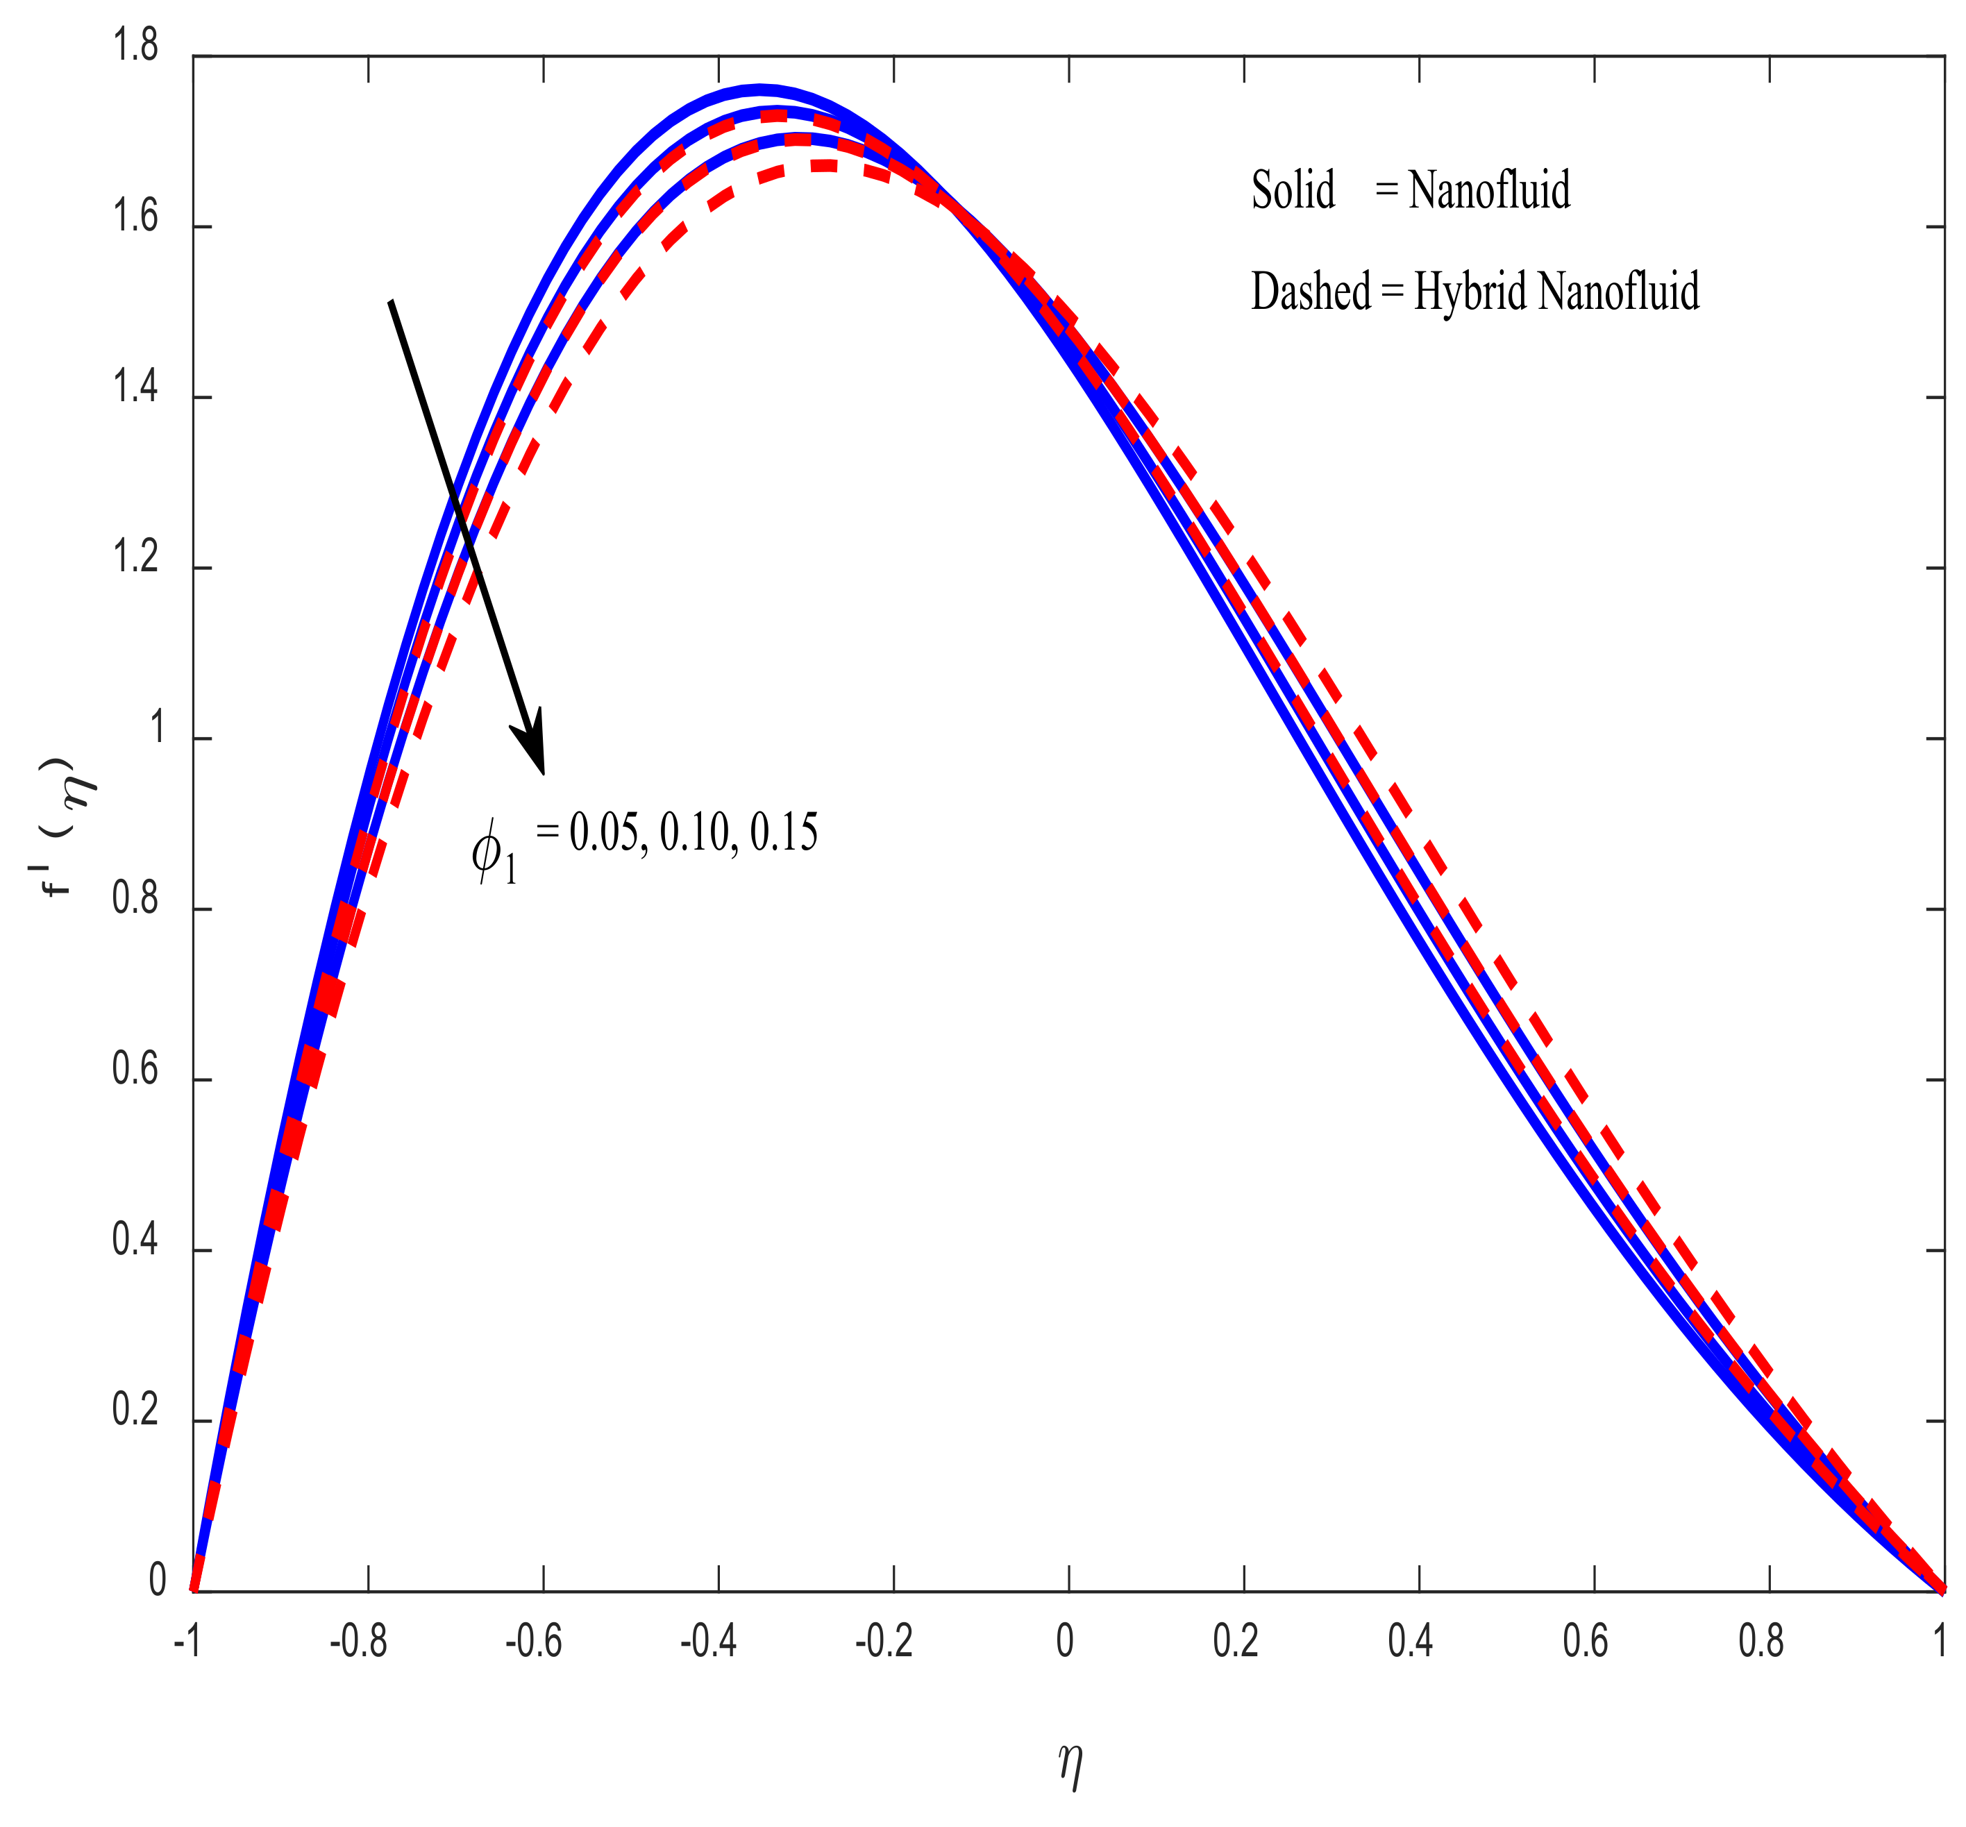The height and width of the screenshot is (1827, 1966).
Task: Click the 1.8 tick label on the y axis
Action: [x=135, y=47]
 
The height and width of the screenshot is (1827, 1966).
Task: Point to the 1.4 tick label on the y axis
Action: [x=135, y=389]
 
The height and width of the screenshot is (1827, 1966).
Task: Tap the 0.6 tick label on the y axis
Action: [x=135, y=1070]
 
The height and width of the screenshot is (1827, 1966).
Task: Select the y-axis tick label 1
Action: [x=156, y=729]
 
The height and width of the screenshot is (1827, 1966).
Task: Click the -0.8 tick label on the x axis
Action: [x=358, y=1642]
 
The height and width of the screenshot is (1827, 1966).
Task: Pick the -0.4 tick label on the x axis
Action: [x=708, y=1642]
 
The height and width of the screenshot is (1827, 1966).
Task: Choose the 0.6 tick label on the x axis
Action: [x=1586, y=1642]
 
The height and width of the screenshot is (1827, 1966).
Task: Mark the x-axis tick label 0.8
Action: [x=1761, y=1642]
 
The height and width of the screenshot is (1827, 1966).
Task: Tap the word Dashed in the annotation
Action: [x=1311, y=292]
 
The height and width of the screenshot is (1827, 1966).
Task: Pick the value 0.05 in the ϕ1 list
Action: [x=603, y=834]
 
